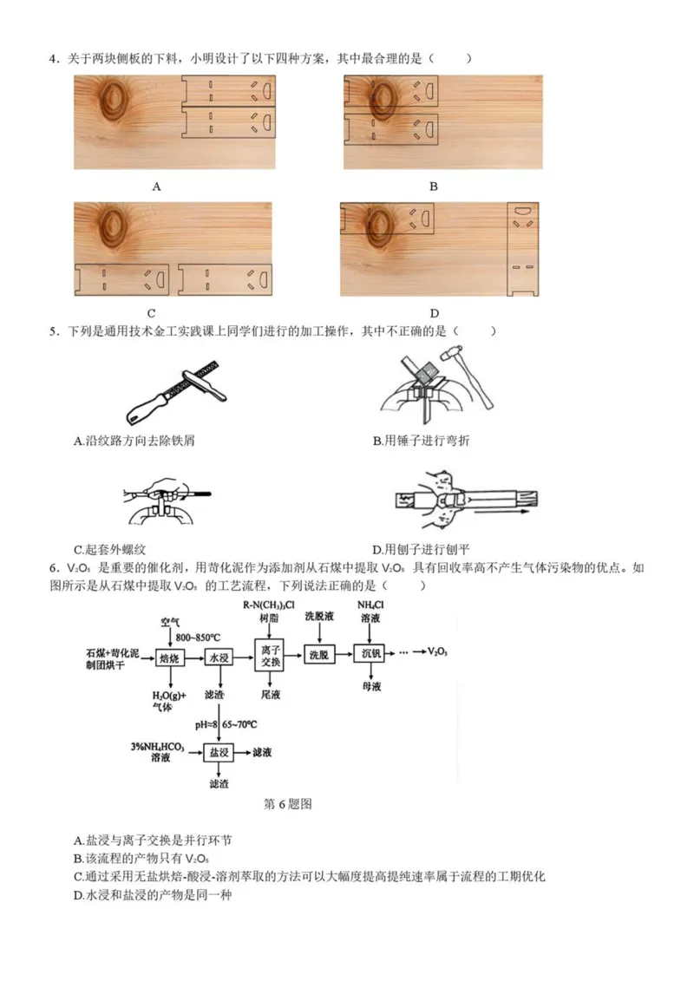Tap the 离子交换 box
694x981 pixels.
tap(271, 657)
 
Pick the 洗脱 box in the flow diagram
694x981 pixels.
tap(320, 656)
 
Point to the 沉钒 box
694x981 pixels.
tap(370, 656)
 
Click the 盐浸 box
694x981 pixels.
tap(218, 753)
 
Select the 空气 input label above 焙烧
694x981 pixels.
tap(170, 622)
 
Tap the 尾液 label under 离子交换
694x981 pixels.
tap(271, 695)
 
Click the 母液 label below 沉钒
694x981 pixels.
tap(370, 686)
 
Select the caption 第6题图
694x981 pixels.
tap(287, 804)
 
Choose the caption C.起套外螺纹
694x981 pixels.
tap(116, 549)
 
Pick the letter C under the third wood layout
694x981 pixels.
tap(150, 313)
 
